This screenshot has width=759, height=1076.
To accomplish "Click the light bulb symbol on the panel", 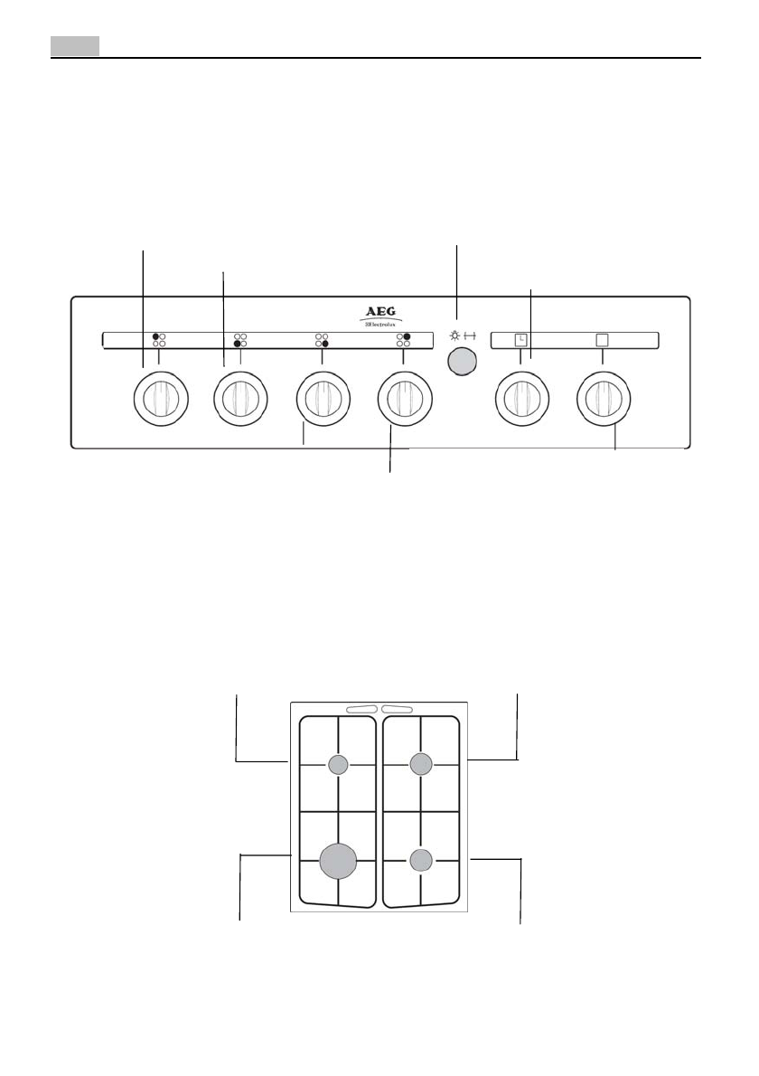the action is [x=454, y=335].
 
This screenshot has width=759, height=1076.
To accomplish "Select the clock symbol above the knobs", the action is [x=520, y=340].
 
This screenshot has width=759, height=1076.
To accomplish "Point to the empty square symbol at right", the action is [x=602, y=340].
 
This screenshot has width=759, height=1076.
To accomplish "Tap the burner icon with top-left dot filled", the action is [x=159, y=340].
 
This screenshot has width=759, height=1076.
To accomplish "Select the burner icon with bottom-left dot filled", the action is [x=240, y=340].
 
